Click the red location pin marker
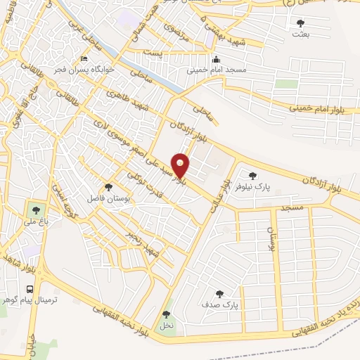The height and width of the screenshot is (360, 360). [181, 165]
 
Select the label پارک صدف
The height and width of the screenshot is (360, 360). [220, 306]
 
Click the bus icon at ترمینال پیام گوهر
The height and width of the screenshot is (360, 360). [30, 289]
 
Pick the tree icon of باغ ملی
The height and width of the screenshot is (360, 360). [34, 209]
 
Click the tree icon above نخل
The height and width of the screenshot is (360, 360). [166, 314]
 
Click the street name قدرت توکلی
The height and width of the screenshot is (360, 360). [147, 184]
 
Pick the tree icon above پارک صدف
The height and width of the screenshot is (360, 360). [220, 295]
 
